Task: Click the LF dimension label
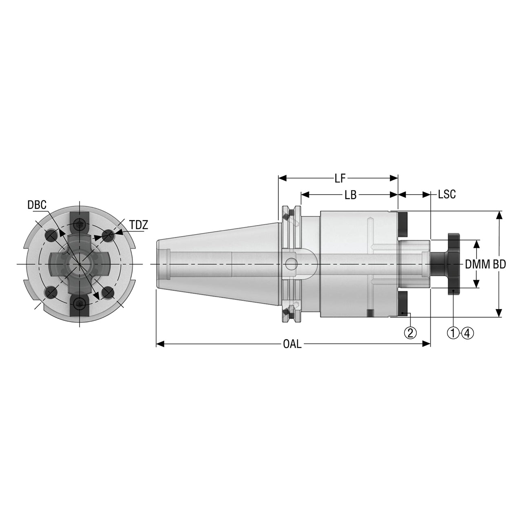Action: [x=340, y=178]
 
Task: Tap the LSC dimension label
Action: [x=447, y=194]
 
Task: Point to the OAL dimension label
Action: [x=292, y=344]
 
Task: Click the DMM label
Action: [x=478, y=264]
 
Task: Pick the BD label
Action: [x=499, y=264]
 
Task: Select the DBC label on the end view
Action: [x=37, y=205]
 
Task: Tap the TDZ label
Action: [x=139, y=225]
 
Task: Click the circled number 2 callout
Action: [x=410, y=333]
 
